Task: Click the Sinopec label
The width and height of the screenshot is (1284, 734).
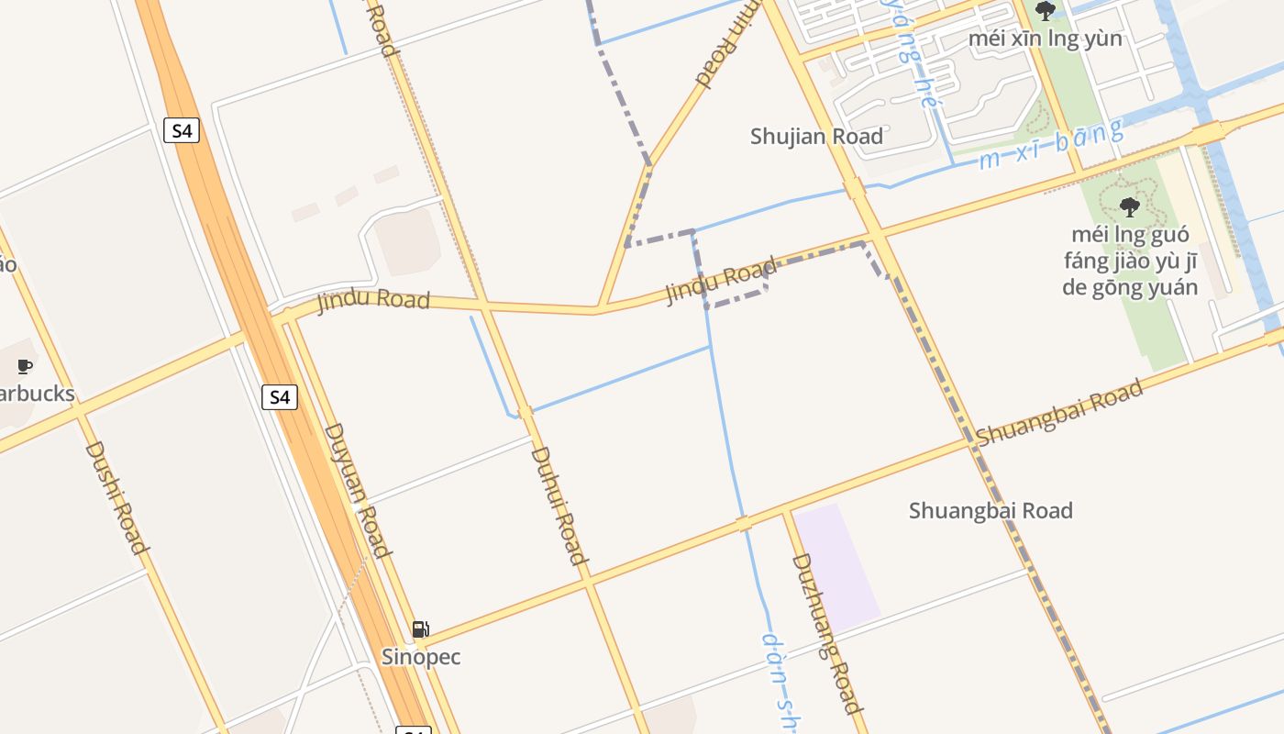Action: pos(421,657)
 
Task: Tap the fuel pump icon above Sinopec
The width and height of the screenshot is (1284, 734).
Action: pos(420,629)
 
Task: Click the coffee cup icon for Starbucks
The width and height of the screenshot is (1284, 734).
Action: pos(25,367)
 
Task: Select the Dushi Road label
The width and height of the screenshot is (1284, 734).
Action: pos(116,497)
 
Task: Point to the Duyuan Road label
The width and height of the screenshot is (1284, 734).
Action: pos(358,490)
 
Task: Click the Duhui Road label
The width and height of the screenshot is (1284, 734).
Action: pos(558,505)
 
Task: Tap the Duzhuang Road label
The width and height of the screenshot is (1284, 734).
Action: pos(826,633)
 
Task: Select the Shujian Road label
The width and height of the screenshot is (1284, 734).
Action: pos(816,137)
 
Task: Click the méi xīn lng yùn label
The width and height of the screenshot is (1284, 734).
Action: pos(1045,39)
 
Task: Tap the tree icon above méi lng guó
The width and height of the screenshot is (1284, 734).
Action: pos(1130,206)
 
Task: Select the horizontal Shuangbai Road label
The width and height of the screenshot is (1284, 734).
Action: pos(991,510)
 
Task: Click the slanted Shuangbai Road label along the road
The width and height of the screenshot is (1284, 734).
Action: pos(1059,413)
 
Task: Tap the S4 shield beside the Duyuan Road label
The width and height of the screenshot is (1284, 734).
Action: pos(280,397)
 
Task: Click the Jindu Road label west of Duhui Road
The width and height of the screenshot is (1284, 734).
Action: pos(373,300)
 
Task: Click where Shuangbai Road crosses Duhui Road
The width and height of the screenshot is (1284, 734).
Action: pos(588,581)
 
